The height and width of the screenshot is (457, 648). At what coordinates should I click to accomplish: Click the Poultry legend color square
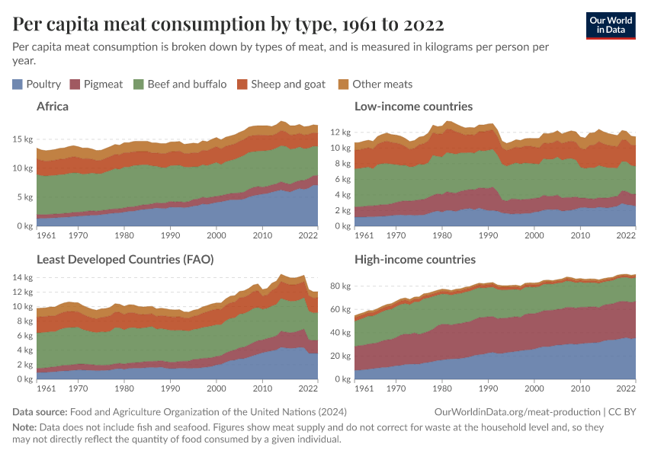tap(18, 84)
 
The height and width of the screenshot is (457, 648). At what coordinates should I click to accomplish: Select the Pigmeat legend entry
tap(96, 84)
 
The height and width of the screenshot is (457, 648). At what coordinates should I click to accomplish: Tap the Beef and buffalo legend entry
tap(180, 84)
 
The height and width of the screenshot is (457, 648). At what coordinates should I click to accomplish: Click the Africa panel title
tap(53, 107)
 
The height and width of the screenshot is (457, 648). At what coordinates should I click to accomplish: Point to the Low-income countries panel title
tap(413, 107)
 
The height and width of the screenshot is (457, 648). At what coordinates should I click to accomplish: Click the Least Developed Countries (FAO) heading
tap(125, 260)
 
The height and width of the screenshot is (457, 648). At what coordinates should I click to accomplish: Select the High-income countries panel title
tap(415, 260)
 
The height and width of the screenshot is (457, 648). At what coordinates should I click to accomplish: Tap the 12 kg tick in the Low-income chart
tap(340, 132)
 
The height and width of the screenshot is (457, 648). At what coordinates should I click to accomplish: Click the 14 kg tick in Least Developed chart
tap(22, 277)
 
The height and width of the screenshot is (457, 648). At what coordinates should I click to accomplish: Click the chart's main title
tap(228, 24)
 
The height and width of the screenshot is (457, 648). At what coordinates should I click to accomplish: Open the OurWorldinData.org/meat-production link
tap(517, 412)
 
